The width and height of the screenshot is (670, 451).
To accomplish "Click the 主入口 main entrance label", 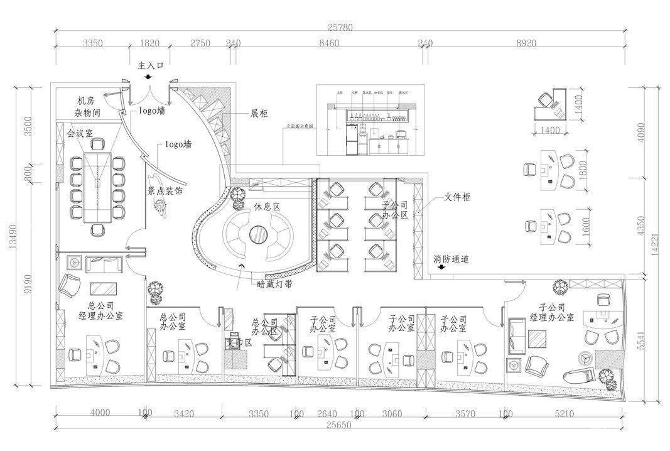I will click(x=151, y=65).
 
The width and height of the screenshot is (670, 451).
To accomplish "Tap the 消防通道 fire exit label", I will click(x=451, y=258).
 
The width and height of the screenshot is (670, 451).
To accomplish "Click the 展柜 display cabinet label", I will click(x=259, y=114).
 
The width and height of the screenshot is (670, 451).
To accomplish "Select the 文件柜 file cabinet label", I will click(x=458, y=197).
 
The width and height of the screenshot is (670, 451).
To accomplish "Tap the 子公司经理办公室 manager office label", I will click(x=552, y=312).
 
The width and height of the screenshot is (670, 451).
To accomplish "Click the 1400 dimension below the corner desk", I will click(x=549, y=130).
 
